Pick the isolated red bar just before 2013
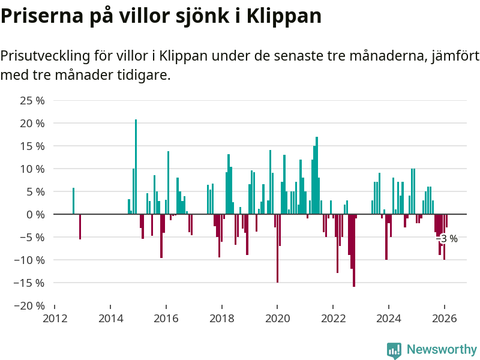click(80, 227)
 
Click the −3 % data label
click(447, 239)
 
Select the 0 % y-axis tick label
click(35, 214)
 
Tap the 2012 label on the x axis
click(55, 319)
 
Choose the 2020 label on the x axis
click(277, 319)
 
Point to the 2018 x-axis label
click(222, 319)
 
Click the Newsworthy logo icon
click(394, 350)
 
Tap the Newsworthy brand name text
click(442, 349)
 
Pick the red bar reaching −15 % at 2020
click(277, 248)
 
